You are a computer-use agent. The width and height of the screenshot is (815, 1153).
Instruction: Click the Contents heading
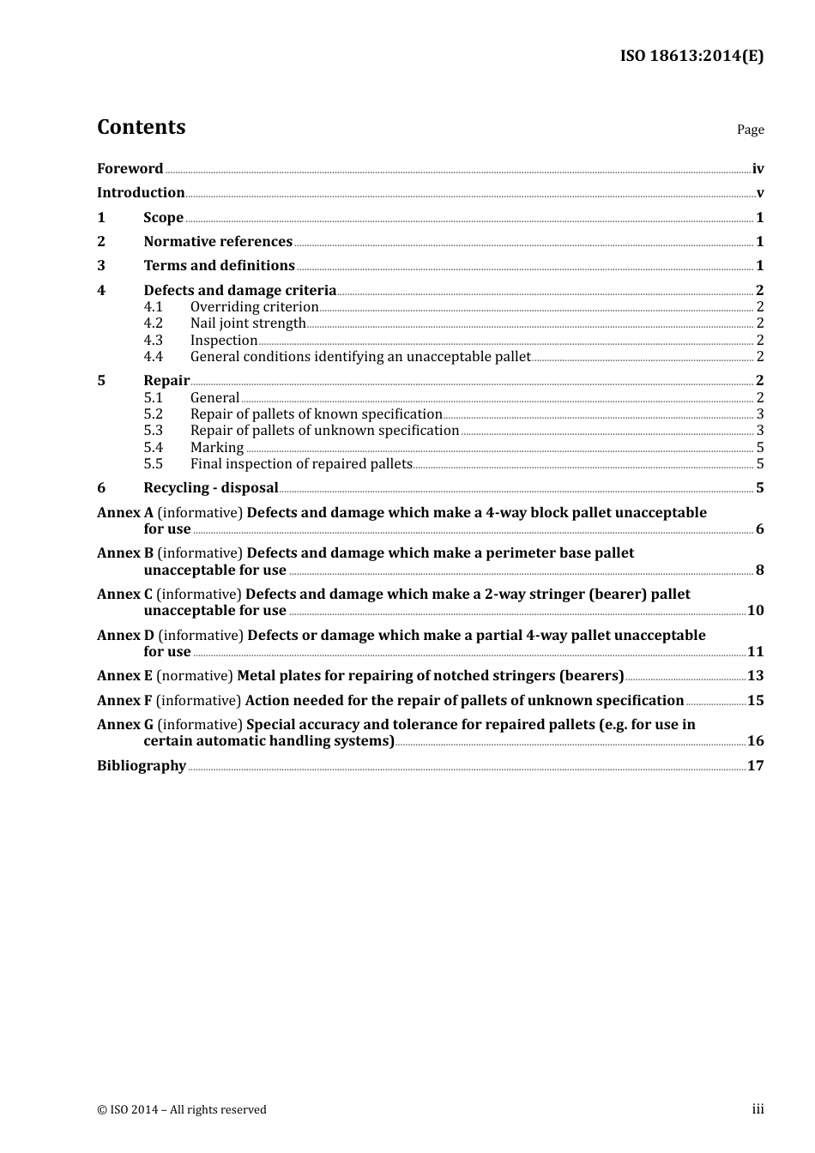coord(141,127)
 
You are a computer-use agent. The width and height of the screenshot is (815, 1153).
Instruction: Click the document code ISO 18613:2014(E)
coord(691,56)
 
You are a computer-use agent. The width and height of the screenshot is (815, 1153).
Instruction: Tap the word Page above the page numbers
coord(750,130)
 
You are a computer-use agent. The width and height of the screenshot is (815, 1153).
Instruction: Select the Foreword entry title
coord(130,169)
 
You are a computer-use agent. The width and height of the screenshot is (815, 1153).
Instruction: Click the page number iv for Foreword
coord(758,169)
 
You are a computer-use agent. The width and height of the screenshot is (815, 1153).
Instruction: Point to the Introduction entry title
coord(141,193)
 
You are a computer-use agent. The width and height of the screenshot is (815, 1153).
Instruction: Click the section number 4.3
coord(153,341)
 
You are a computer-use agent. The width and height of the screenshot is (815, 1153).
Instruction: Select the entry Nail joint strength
coord(248,323)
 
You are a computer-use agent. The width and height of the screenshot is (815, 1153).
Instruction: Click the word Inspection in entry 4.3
coord(223,341)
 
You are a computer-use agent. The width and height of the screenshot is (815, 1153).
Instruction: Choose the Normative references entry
coord(218,242)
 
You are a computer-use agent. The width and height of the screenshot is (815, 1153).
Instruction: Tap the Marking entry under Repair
coord(217,448)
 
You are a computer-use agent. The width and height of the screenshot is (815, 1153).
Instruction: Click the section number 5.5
coord(153,464)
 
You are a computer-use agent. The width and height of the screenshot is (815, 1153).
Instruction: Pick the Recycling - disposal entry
coord(211,488)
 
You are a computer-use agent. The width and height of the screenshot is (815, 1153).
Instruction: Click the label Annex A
coord(124,513)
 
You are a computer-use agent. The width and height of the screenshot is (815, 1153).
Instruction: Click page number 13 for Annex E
coord(755,676)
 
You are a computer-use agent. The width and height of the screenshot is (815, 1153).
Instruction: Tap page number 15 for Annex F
coord(755,701)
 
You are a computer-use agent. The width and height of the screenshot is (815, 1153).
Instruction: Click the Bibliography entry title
coord(142,766)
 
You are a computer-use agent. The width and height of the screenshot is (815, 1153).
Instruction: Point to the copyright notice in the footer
coord(182,1110)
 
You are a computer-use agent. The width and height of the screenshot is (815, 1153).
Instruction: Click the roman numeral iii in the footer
coord(758,1109)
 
